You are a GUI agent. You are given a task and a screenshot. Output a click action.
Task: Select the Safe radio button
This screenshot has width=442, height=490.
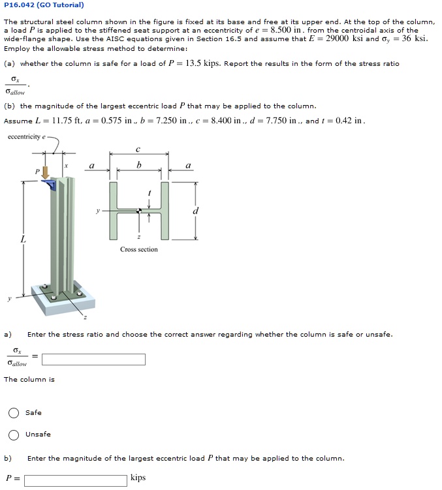[14, 412]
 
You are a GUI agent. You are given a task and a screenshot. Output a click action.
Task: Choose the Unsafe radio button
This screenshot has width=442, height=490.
[14, 435]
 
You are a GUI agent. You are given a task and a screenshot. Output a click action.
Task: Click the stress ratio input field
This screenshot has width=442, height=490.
[93, 360]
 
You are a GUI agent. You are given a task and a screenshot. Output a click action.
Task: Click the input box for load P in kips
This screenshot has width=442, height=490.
[75, 480]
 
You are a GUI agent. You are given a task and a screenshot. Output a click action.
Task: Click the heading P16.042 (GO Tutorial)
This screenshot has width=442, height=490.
[44, 5]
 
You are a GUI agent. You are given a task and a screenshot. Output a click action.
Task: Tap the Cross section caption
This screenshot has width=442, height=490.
[138, 249]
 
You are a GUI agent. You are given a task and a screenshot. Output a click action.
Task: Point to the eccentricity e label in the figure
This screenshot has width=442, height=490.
[27, 137]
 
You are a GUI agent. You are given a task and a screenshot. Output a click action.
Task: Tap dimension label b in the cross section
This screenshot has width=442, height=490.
[138, 166]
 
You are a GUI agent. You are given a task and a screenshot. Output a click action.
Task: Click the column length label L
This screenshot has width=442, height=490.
[24, 240]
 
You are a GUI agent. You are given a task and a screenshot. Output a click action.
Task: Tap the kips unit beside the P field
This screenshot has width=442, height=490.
[138, 478]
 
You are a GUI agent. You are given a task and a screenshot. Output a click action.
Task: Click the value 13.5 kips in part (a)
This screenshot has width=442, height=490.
[202, 63]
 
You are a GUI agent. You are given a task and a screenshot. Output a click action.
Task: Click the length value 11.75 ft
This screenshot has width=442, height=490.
[63, 121]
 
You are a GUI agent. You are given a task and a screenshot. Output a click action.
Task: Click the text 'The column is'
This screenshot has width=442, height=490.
[29, 379]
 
